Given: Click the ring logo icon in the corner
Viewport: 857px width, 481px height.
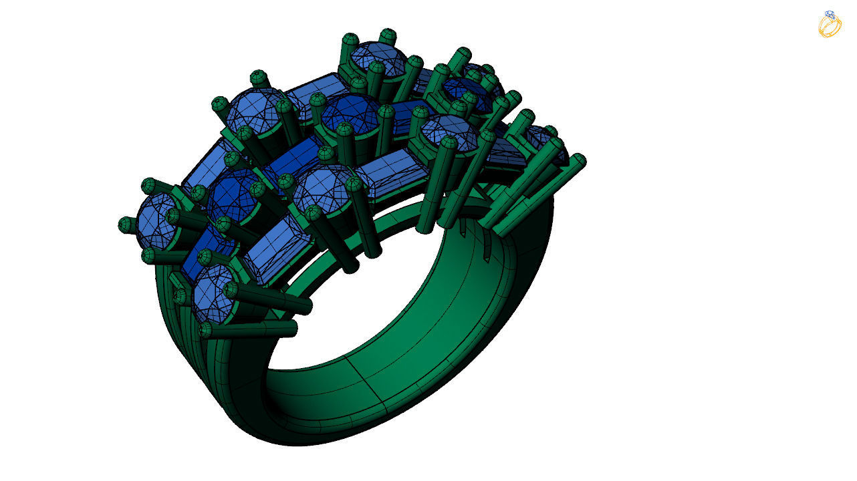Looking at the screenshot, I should pyautogui.click(x=830, y=24).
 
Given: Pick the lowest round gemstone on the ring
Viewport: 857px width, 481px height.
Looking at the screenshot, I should pyautogui.click(x=213, y=293).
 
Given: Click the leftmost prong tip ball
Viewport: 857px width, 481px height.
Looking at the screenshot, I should pyautogui.click(x=125, y=224).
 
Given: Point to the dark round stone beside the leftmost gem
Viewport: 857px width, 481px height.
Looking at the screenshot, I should pyautogui.click(x=232, y=194).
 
